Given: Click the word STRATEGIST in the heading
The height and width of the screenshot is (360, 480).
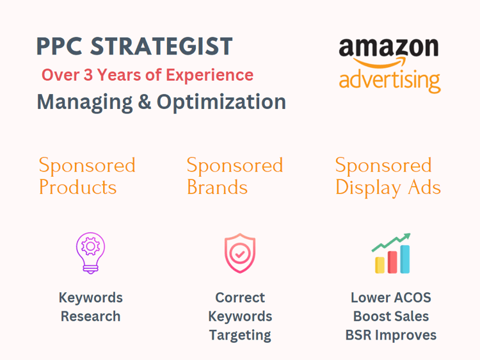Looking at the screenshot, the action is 161,46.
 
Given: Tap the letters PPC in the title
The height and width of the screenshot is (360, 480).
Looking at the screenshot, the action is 60,46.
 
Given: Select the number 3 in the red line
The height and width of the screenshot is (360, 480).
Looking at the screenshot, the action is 88,75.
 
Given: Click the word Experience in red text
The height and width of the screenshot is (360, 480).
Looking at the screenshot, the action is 210,76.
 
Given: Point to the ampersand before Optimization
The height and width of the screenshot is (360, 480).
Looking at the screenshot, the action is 145,101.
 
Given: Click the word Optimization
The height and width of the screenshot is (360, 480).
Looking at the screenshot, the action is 221,102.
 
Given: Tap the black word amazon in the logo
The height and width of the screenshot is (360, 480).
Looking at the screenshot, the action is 388,47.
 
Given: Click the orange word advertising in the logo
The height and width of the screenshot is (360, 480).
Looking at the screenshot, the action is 390,81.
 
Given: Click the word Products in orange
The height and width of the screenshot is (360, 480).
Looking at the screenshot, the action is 77,187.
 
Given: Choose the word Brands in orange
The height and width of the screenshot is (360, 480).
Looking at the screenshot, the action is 217,187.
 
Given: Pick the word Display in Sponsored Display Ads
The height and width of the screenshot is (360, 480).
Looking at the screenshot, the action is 368,188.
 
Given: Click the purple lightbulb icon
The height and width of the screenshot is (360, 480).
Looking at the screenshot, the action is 91,253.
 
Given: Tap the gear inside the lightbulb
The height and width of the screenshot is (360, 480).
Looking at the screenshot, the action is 91,246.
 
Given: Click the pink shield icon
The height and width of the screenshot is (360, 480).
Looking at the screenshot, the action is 240,253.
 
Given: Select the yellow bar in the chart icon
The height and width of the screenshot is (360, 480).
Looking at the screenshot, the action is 380,265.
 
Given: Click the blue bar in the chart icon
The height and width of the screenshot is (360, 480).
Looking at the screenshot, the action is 405,259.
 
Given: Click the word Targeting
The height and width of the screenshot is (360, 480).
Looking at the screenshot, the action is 240,336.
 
